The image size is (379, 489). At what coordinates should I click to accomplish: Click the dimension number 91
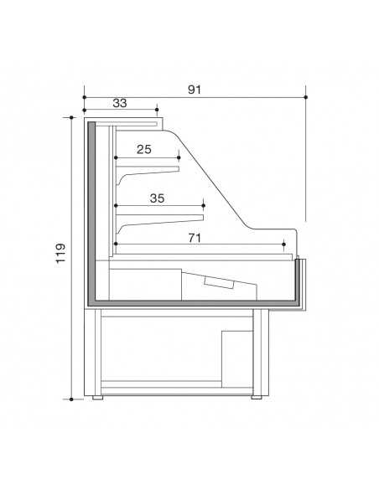pyautogui.click(x=195, y=88)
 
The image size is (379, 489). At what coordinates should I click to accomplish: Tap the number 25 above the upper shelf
pyautogui.click(x=144, y=149)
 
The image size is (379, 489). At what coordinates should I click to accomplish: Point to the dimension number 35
pyautogui.click(x=157, y=198)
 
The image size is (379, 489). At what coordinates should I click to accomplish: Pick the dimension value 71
pyautogui.click(x=194, y=238)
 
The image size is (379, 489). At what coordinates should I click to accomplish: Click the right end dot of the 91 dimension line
pyautogui.click(x=305, y=98)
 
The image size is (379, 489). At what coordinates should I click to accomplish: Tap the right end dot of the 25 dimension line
pyautogui.click(x=179, y=157)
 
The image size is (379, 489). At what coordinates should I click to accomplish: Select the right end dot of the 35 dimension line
pyautogui.click(x=204, y=203)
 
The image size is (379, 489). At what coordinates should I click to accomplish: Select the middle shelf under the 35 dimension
pyautogui.click(x=159, y=219)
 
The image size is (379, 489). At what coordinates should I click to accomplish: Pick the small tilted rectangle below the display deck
pyautogui.click(x=221, y=283)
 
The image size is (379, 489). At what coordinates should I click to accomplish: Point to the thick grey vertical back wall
pyautogui.click(x=91, y=209)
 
